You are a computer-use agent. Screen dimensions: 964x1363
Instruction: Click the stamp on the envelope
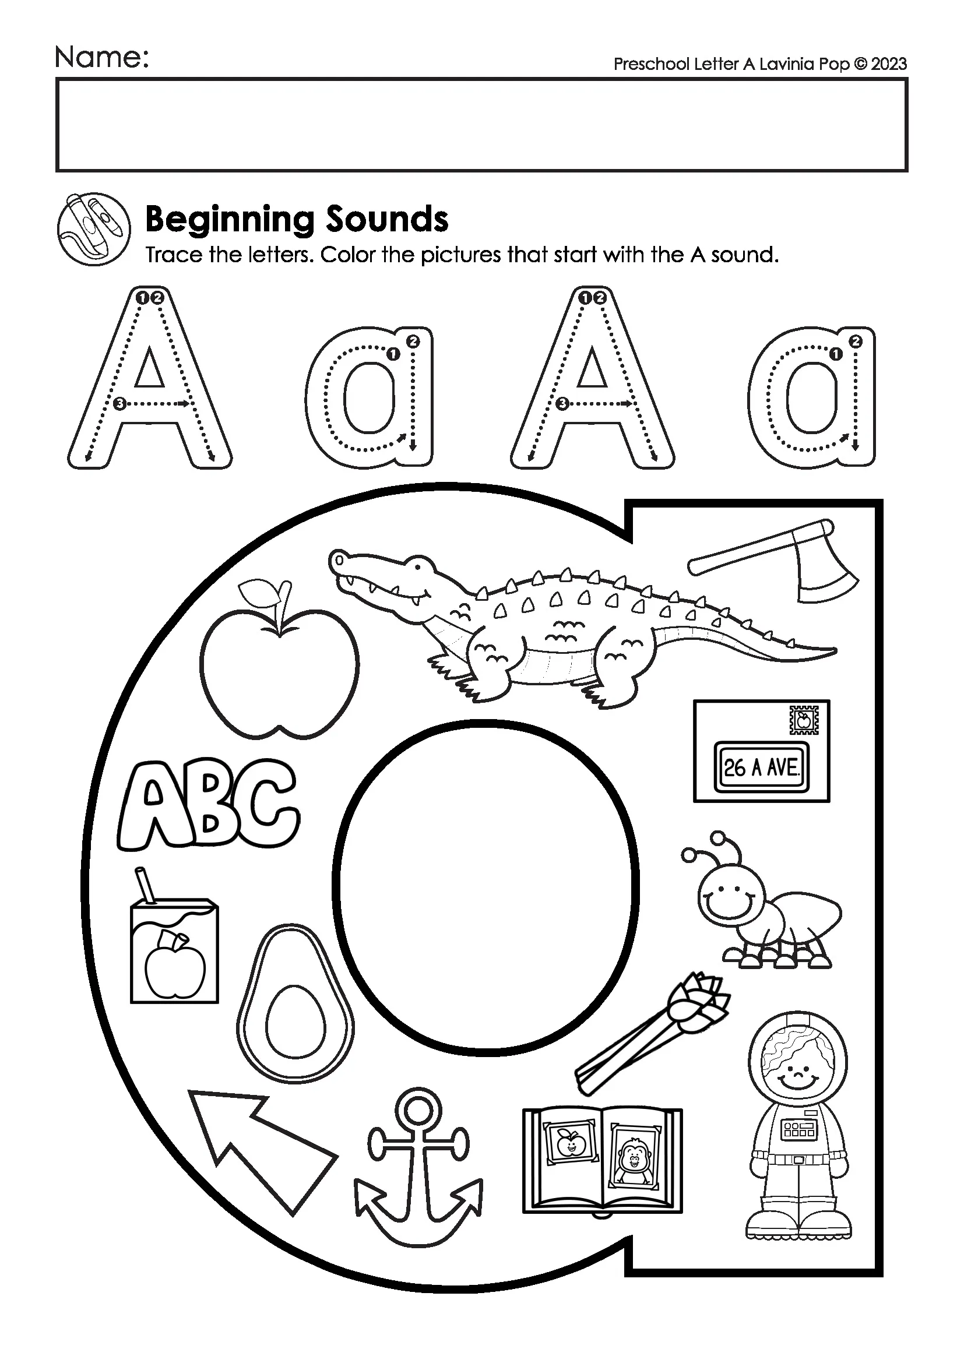pyautogui.click(x=804, y=721)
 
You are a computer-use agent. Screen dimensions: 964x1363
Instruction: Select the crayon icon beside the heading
pyautogui.click(x=94, y=227)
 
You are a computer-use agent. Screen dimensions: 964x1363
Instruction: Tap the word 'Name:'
pyautogui.click(x=101, y=58)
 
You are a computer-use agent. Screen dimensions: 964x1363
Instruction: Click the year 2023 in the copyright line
pyautogui.click(x=889, y=64)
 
